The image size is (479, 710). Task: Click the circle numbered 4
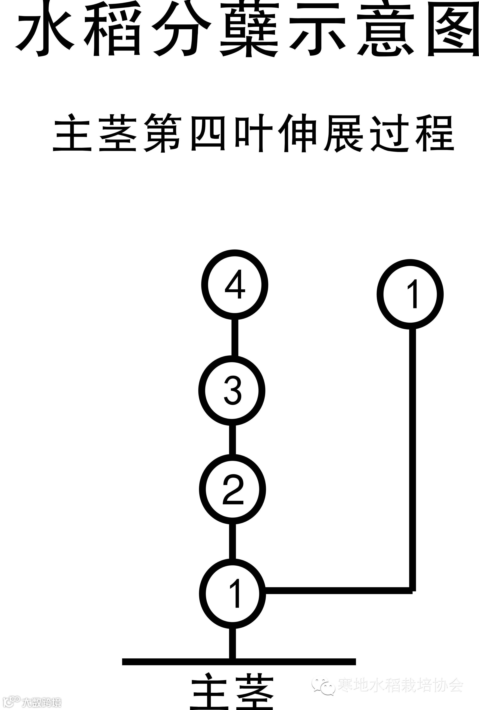(x=234, y=285)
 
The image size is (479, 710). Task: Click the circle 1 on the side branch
(x=410, y=294)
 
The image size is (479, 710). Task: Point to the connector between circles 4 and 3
(x=235, y=337)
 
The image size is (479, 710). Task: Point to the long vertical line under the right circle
(x=412, y=458)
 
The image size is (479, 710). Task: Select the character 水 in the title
(x=45, y=29)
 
